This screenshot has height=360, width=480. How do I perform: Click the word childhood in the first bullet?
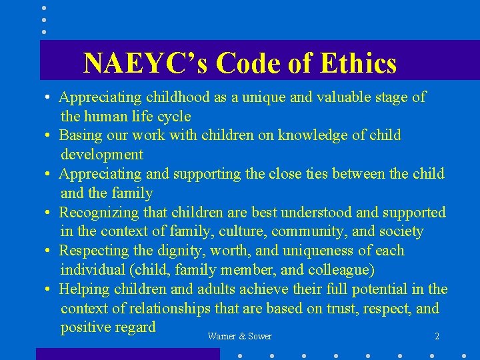[x=177, y=97]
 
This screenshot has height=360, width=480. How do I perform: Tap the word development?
[x=101, y=155]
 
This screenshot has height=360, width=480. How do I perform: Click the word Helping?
[x=84, y=290]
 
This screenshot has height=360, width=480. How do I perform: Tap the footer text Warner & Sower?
[x=239, y=337]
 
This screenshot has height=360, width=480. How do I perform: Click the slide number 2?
[x=437, y=337]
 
